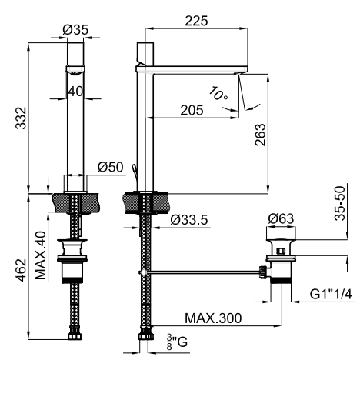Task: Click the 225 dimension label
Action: pos(196,21)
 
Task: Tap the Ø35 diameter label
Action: pos(75,29)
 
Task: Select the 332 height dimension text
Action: pos(22,118)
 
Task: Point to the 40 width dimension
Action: pos(75,92)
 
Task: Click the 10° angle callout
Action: pos(218,94)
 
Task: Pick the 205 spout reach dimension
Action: pos(192,110)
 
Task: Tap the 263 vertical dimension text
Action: pos(260,135)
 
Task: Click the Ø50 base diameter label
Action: pos(110,167)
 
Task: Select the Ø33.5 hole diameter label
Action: pos(189,219)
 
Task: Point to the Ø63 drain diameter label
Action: pos(281,218)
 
